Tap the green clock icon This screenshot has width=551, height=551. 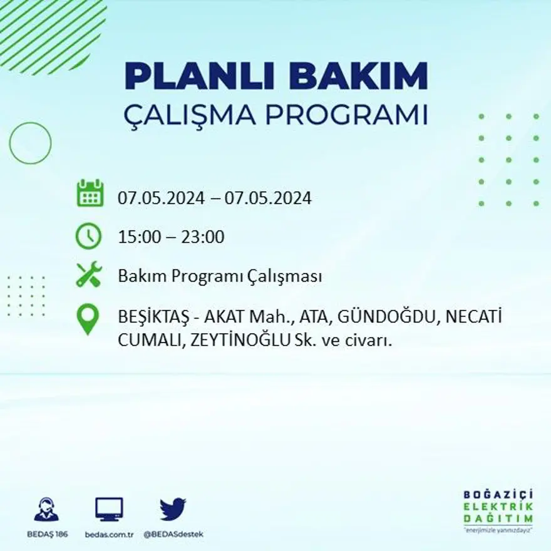click(88, 237)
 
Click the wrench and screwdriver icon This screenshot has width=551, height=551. click(88, 275)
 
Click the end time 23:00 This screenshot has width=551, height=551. click(202, 237)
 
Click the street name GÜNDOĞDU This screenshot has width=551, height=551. click(386, 317)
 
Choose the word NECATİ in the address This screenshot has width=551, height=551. click(474, 317)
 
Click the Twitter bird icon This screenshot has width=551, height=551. click(173, 509)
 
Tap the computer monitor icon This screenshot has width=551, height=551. click(109, 509)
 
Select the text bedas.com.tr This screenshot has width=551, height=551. click(110, 534)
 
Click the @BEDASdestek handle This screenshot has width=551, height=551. click(173, 534)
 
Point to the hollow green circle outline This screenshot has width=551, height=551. click(30, 143)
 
